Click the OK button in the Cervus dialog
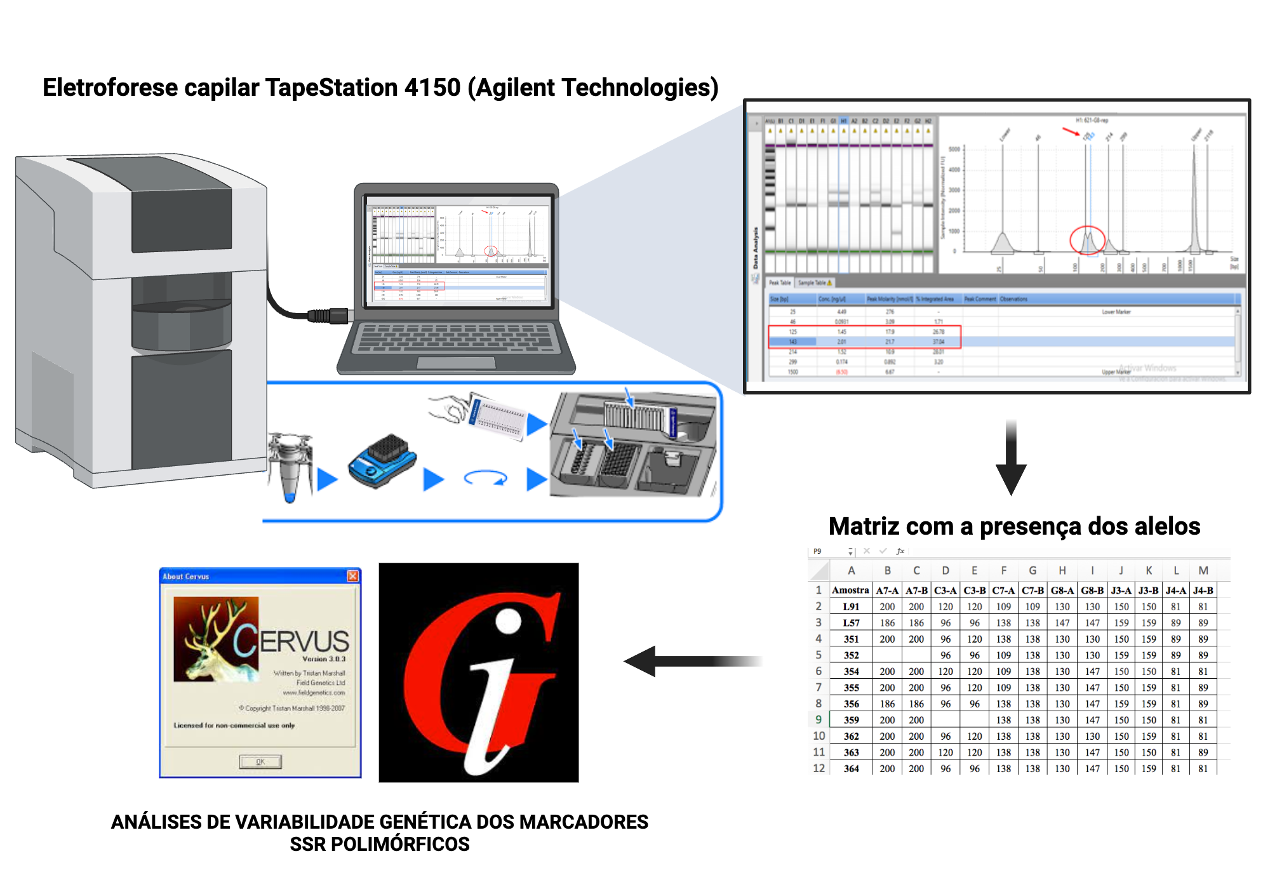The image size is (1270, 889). tap(260, 761)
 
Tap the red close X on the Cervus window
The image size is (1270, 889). tap(352, 576)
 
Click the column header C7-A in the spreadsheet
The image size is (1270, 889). tap(1003, 591)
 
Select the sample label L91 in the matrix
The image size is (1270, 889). tap(851, 607)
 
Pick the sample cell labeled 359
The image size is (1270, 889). tap(851, 720)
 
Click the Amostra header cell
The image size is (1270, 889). tap(850, 591)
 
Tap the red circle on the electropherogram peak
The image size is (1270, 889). tap(1087, 240)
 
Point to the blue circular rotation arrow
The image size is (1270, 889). tap(486, 478)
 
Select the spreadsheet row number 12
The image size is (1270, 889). tap(819, 768)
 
